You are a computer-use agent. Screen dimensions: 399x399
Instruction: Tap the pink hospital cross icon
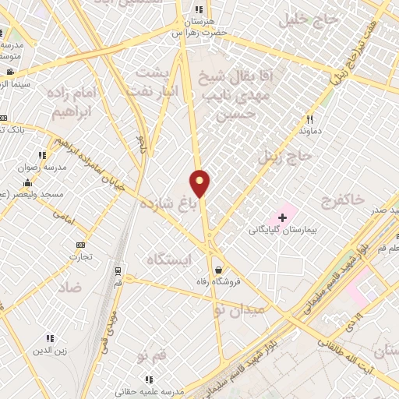point(282,214)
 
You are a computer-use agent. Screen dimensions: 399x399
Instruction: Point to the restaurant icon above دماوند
point(309,119)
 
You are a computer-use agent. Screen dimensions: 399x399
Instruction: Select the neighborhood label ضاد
point(69,288)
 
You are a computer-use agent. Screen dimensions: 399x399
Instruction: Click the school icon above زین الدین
point(50,339)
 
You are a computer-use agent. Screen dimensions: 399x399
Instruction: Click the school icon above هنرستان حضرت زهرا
point(199,10)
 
